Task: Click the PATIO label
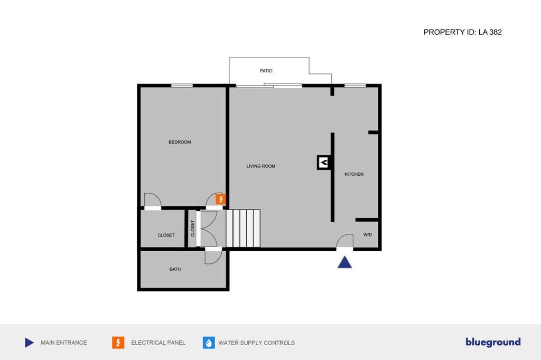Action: (x=266, y=71)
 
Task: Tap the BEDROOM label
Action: (x=180, y=142)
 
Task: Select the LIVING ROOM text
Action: (x=261, y=166)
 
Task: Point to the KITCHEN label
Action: (x=354, y=174)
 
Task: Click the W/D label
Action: (x=368, y=235)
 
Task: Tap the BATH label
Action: (x=175, y=269)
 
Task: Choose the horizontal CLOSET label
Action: (x=166, y=235)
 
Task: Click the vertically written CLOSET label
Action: (x=192, y=229)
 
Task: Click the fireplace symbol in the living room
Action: (x=324, y=163)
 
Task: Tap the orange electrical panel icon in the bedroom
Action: (x=220, y=200)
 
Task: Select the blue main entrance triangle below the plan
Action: (x=344, y=262)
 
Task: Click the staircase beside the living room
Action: (x=243, y=228)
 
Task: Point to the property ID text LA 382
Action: (x=490, y=32)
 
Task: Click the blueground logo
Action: (x=493, y=342)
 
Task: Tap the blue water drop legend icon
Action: (x=209, y=343)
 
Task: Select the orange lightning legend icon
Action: (x=118, y=343)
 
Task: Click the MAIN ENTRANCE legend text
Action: (x=64, y=343)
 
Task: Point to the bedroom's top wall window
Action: (x=182, y=86)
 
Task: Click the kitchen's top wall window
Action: (x=356, y=86)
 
